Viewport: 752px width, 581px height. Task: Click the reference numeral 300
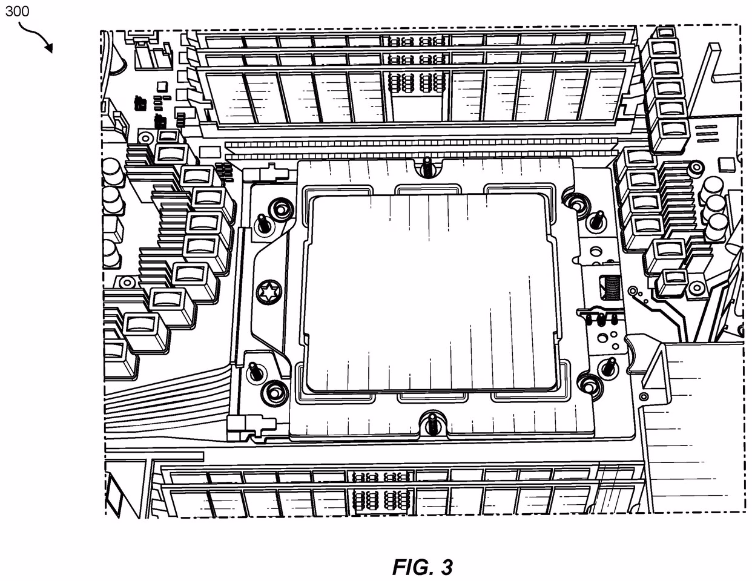click(x=17, y=11)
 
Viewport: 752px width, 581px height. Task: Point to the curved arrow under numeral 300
click(x=38, y=38)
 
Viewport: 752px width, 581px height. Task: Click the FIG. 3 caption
click(x=422, y=567)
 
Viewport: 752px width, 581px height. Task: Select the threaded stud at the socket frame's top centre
click(x=427, y=166)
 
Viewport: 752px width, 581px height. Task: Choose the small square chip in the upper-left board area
click(x=161, y=86)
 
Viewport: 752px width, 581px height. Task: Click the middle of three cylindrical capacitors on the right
click(x=715, y=206)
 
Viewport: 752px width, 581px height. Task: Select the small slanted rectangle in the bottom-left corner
click(x=116, y=490)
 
